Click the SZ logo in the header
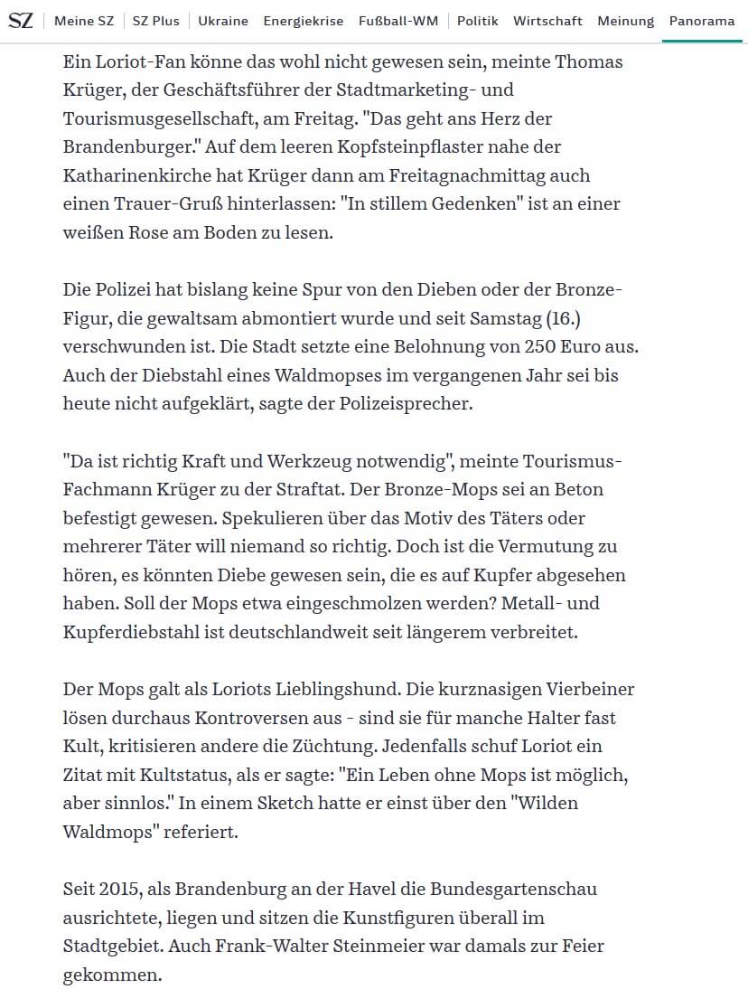pyautogui.click(x=20, y=20)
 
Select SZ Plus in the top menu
pyautogui.click(x=155, y=21)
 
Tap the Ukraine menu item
pyautogui.click(x=223, y=21)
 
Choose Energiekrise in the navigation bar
pyautogui.click(x=303, y=21)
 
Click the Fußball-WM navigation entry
pyautogui.click(x=397, y=21)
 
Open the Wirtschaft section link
pyautogui.click(x=547, y=21)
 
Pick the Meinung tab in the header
pyautogui.click(x=625, y=21)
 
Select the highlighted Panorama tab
pyautogui.click(x=701, y=21)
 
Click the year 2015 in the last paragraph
pyautogui.click(x=121, y=889)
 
